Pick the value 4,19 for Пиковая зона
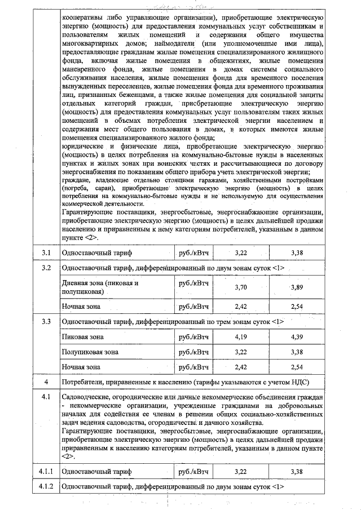tap(241, 336)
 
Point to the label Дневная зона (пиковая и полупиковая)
tap(99, 287)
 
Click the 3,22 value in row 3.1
tap(241, 254)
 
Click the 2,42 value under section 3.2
tap(241, 307)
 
